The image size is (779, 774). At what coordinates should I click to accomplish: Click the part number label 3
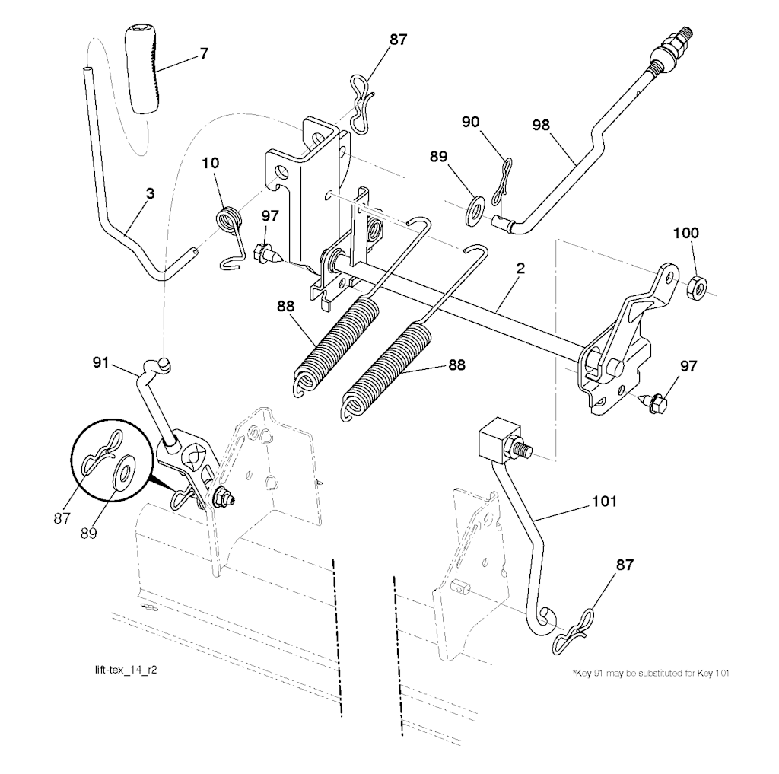point(150,193)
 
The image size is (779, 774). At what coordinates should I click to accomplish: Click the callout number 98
point(541,124)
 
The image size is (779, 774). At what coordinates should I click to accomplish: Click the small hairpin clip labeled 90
point(502,181)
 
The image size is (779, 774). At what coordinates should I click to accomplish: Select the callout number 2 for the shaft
point(520,269)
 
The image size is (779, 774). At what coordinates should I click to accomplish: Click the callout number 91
point(100,363)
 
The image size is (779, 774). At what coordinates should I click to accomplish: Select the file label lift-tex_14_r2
point(126,670)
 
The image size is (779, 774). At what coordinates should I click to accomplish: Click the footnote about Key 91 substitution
point(651,674)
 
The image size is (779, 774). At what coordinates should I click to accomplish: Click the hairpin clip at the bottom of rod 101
point(573,632)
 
